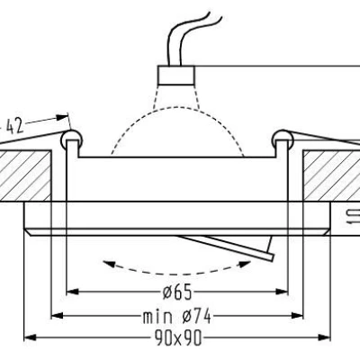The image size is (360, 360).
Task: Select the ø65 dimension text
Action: (180, 292)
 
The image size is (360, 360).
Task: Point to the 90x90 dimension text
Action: (179, 338)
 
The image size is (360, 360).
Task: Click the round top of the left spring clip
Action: (72, 138)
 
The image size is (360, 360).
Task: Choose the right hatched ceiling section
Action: (330, 176)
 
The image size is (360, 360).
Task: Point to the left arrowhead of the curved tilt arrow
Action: (107, 264)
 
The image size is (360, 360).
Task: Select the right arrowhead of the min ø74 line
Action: (301, 315)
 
